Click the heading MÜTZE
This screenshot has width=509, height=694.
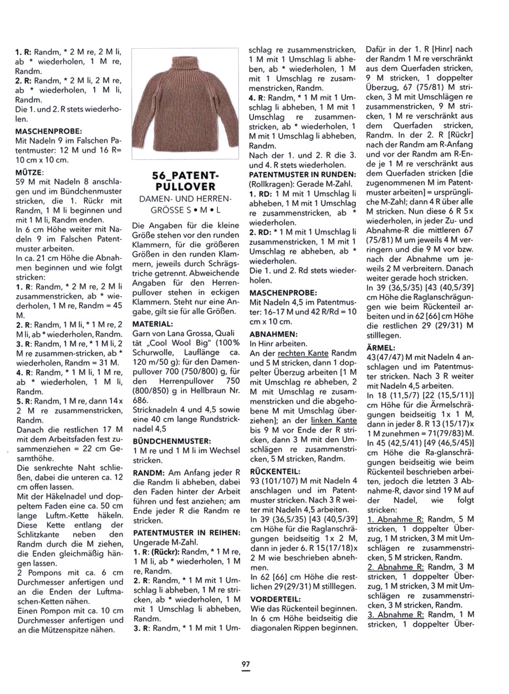click(x=30, y=172)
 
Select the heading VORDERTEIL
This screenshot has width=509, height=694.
click(x=271, y=599)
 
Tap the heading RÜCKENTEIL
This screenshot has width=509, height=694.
click(x=275, y=471)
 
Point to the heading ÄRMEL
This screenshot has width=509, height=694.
click(x=380, y=348)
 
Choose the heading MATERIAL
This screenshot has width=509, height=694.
click(x=152, y=324)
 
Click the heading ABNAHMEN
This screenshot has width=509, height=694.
click(x=273, y=334)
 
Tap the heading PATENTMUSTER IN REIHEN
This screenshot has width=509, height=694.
click(x=186, y=532)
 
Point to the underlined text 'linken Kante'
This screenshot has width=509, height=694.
click(x=334, y=420)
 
